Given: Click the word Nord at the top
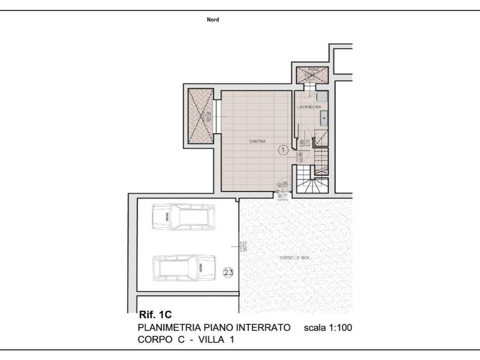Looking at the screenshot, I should pyautogui.click(x=213, y=20).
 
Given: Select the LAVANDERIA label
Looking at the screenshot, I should pyautogui.click(x=308, y=107).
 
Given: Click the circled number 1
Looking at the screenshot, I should pyautogui.click(x=283, y=150).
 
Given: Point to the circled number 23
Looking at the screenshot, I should pyautogui.click(x=228, y=272).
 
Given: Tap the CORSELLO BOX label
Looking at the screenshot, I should pyautogui.click(x=295, y=258).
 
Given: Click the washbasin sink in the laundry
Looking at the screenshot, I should pyautogui.click(x=323, y=117).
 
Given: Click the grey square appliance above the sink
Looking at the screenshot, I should pyautogui.click(x=322, y=97).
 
